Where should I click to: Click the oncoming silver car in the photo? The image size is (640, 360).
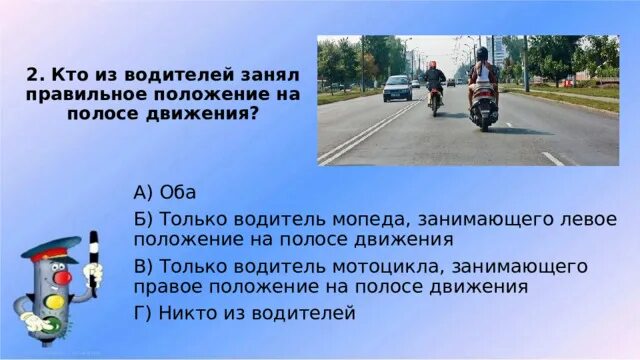pyautogui.click(x=397, y=88)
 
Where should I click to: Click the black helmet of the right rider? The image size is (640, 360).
pyautogui.click(x=482, y=54)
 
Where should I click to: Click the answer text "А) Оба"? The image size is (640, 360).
pyautogui.click(x=164, y=192)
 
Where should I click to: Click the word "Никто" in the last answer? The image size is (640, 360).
pyautogui.click(x=189, y=314)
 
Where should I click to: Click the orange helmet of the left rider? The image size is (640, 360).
pyautogui.click(x=434, y=64)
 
